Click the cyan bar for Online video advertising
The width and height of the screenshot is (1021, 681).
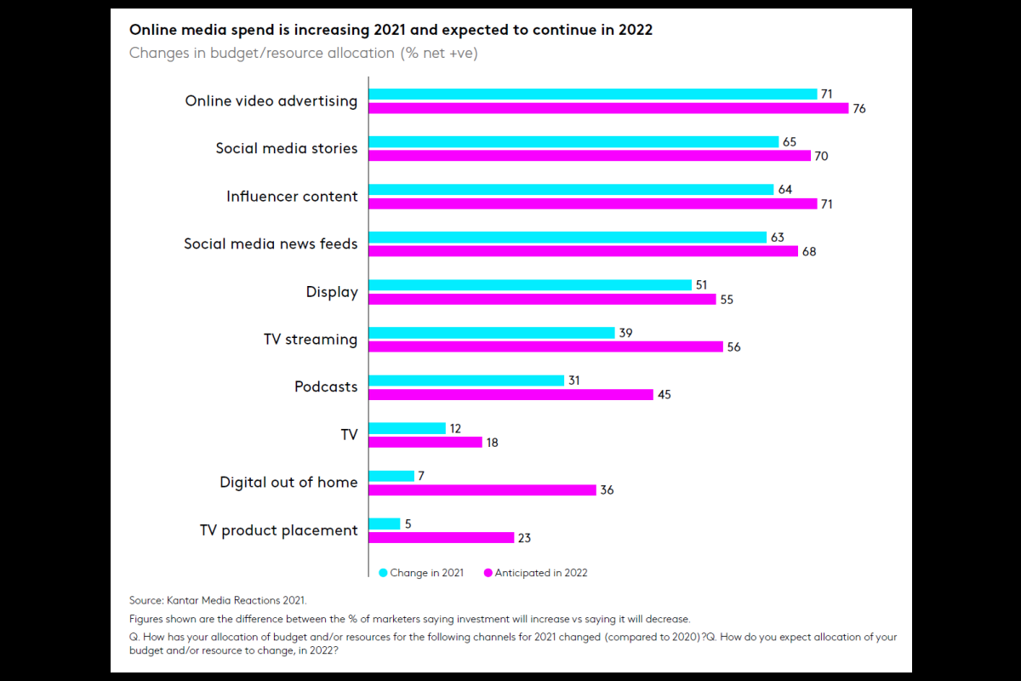pos(592,94)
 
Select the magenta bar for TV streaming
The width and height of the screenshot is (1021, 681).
pos(545,346)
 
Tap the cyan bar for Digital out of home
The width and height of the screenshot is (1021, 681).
pos(391,476)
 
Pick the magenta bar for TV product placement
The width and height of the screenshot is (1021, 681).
pos(441,537)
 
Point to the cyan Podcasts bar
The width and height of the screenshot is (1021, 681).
pos(466,381)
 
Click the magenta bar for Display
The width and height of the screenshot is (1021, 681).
pos(542,299)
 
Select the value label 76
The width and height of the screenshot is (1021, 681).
pos(859,108)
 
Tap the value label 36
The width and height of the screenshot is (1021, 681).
pos(607,489)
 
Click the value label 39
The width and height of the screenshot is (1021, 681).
pos(625,333)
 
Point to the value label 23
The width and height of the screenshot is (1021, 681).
pos(524,537)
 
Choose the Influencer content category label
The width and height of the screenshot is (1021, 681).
pos(292,197)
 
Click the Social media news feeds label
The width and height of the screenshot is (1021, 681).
pos(271,244)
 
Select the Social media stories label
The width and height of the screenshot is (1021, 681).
pos(287,149)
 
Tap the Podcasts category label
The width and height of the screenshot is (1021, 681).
pos(326,387)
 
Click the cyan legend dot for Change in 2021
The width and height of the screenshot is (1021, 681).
pos(383,573)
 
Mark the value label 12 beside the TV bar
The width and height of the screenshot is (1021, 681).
pos(455,428)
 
